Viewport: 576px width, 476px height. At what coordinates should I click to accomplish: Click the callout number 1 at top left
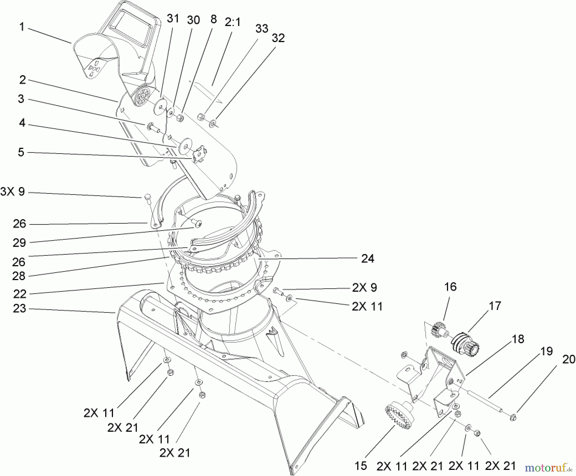21,27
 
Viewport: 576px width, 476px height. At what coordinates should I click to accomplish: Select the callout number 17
495,306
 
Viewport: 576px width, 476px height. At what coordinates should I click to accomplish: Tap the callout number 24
367,258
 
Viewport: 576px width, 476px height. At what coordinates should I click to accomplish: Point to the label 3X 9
13,192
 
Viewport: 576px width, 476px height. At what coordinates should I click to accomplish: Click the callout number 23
19,309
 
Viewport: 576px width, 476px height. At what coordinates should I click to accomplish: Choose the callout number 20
569,360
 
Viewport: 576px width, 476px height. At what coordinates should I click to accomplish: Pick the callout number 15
361,466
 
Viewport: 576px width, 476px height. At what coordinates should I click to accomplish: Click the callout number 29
19,243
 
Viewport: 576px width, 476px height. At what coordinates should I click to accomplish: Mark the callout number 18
518,339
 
